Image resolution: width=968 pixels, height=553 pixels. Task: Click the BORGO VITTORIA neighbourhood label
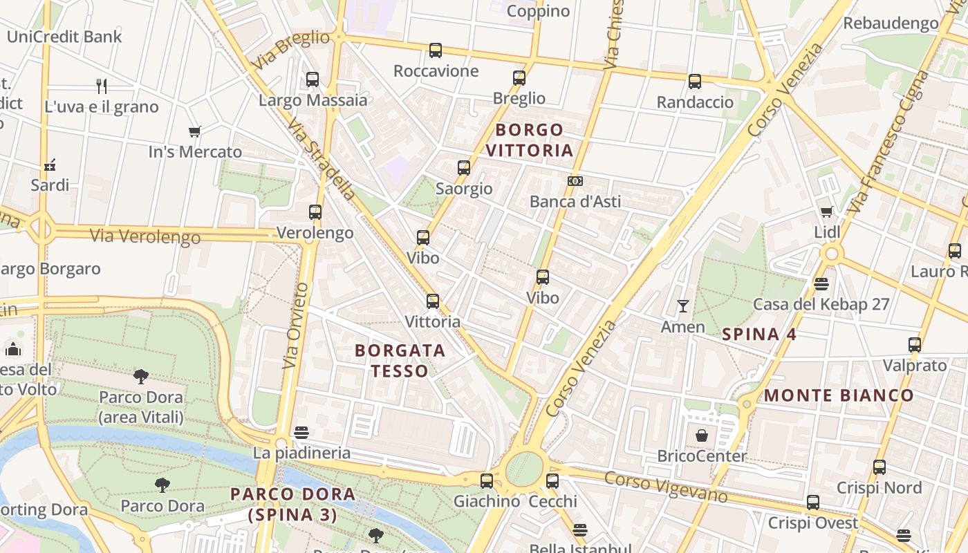pos(530,140)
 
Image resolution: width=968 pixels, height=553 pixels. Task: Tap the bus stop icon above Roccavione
pos(436,50)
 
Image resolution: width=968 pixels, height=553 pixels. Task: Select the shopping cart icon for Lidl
pos(827,212)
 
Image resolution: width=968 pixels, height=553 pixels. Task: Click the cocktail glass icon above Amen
pos(683,306)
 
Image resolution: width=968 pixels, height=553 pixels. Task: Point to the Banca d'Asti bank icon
pos(575,181)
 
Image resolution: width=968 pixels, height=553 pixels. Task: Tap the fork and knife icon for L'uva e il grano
pos(102,86)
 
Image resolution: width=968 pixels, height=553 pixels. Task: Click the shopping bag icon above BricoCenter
pos(702,435)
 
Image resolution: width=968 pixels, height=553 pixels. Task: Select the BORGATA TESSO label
pos(400,361)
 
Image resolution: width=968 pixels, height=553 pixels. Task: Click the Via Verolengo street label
pos(145,236)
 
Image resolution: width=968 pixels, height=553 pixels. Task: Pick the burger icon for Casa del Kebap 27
pos(821,283)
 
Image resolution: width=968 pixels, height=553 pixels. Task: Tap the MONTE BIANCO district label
pos(839,396)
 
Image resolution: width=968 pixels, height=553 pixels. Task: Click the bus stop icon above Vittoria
pos(433,301)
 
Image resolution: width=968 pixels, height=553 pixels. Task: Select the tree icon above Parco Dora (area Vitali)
pos(141,377)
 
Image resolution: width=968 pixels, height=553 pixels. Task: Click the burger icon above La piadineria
pos(301,433)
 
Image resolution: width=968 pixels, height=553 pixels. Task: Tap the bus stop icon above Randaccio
pos(695,82)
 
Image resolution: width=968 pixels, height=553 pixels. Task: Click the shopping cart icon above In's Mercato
pos(195,131)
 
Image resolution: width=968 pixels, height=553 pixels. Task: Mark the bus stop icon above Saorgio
pos(464,167)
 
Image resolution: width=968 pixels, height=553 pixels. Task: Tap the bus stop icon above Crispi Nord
pos(879,467)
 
